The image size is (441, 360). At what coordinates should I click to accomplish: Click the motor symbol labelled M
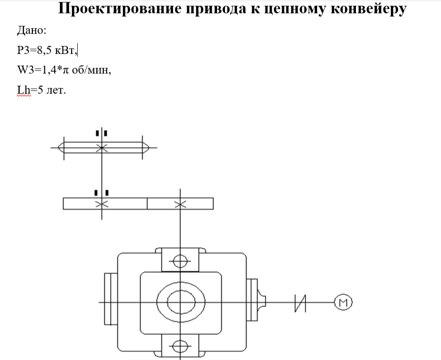tap(343, 302)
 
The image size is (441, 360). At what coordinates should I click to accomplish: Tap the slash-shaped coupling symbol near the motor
tap(300, 302)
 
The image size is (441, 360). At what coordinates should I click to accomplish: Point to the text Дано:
tap(32, 31)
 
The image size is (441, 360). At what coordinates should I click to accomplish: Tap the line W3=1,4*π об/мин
tap(64, 70)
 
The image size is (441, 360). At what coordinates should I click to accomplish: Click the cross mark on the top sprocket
tap(101, 148)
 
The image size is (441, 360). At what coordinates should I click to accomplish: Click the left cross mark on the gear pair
tap(101, 204)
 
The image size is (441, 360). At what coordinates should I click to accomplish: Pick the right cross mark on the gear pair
tap(180, 204)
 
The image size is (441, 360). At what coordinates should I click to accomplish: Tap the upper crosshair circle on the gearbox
tap(180, 260)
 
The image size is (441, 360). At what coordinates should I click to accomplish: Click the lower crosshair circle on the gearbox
tap(180, 346)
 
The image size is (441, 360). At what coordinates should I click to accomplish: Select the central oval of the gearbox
tap(180, 302)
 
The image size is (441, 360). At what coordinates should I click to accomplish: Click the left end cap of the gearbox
tap(110, 299)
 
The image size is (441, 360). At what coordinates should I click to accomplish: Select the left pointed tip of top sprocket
tap(60, 148)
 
